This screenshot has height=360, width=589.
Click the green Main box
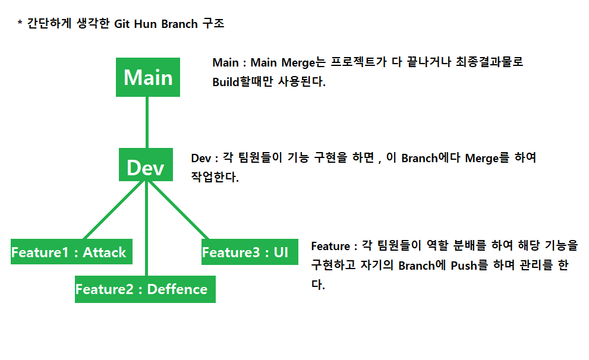[x=147, y=77]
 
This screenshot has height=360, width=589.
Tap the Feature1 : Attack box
[x=71, y=252]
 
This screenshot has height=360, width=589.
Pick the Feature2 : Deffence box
[x=144, y=289]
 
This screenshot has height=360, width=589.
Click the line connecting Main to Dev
[x=146, y=122]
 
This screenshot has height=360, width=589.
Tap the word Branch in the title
[x=181, y=25]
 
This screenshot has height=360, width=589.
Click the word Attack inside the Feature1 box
[x=104, y=252]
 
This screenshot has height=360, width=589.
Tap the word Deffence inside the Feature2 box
[x=177, y=289]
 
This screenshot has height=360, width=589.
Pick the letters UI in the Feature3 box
[x=281, y=252]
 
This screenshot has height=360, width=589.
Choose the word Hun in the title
[x=149, y=25]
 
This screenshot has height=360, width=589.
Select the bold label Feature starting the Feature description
[x=330, y=246]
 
